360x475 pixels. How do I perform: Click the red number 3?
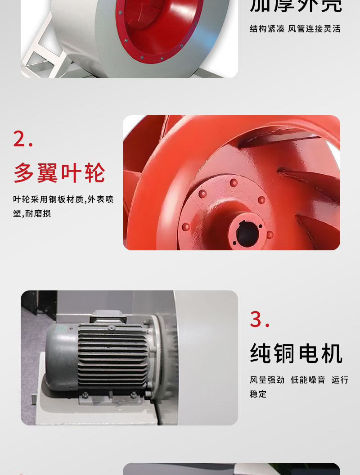[x=256, y=320]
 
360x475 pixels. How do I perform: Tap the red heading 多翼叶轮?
[x=59, y=173]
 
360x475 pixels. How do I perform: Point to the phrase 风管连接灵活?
[x=315, y=29]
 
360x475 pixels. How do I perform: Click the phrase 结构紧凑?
[x=267, y=29]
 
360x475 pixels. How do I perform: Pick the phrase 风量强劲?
[x=267, y=380]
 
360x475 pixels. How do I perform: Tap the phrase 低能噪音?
[x=308, y=380]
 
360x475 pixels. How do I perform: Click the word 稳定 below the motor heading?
[x=258, y=394]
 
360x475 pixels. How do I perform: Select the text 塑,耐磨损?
[x=32, y=213]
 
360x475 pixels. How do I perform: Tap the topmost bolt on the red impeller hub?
[x=234, y=183]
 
